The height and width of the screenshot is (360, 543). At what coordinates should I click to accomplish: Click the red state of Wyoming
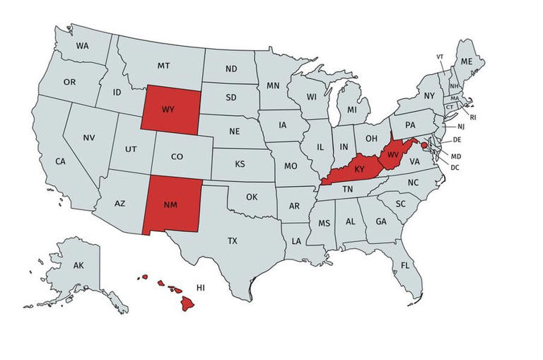point(168,110)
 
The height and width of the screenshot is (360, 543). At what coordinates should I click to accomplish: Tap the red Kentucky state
point(357,170)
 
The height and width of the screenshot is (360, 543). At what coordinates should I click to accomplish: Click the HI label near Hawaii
point(201,288)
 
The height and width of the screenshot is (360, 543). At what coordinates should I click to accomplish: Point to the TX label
point(233,241)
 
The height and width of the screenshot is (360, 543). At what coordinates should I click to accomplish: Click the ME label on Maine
point(466,62)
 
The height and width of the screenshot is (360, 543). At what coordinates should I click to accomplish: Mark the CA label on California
point(61,161)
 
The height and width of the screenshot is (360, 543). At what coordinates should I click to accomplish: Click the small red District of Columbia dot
point(424,145)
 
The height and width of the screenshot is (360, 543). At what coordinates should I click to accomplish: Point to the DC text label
point(455,168)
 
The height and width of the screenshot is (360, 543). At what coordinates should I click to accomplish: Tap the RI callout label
point(473,117)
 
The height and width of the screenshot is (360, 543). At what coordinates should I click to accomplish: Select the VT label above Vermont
point(440,56)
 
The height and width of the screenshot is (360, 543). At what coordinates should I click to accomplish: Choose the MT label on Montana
point(163,65)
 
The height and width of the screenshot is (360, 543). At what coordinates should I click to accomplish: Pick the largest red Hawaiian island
point(187,303)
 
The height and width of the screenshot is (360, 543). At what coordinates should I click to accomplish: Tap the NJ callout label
point(461,126)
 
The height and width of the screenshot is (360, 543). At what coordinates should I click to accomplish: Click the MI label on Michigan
point(351,110)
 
